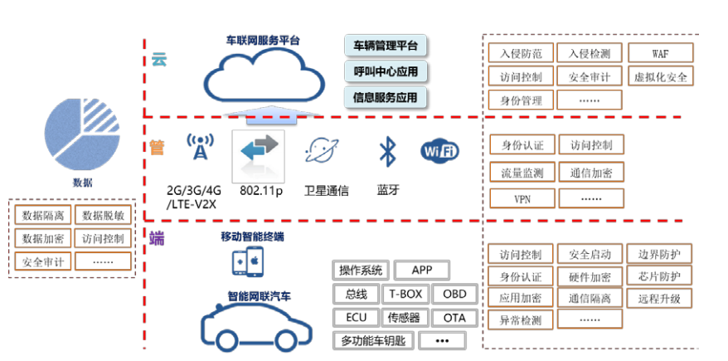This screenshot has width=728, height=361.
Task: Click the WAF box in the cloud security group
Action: [x=660, y=54]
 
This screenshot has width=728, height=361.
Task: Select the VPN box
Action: [x=522, y=199]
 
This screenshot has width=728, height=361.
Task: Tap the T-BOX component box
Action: [x=405, y=294]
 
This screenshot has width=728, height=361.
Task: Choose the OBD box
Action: [x=454, y=294]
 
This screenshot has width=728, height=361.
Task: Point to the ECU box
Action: [x=356, y=317]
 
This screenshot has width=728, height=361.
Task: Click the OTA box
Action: [x=454, y=317]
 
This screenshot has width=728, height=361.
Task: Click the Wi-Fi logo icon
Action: [x=440, y=151]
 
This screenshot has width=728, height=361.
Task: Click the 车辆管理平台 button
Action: [x=386, y=45]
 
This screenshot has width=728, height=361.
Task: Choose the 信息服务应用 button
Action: [x=386, y=97]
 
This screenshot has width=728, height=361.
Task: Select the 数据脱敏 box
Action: [x=103, y=216]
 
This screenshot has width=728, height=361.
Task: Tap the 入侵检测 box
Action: [x=590, y=54]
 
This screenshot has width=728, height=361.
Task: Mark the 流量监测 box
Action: [x=522, y=173]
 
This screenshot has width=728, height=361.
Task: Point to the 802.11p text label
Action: [x=262, y=190]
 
